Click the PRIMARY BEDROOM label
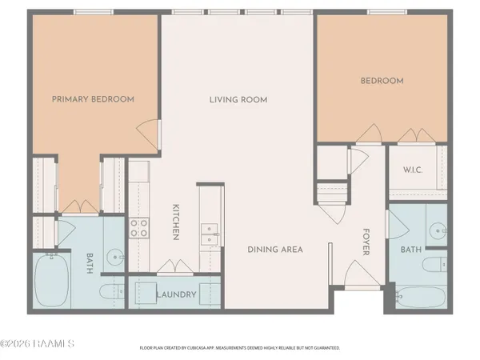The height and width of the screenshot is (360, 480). click(93, 99)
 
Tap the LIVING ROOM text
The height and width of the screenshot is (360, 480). click(238, 100)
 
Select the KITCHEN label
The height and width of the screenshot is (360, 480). click(175, 222)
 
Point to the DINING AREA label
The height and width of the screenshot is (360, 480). click(274, 250)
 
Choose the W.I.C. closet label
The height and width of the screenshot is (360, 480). click(414, 169)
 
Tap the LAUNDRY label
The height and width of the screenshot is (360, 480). click(176, 294)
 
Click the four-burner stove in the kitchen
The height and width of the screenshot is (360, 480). click(139, 228)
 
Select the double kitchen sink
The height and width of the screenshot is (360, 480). click(211, 232)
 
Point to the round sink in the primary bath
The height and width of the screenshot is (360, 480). click(116, 258)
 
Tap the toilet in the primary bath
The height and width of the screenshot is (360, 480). click(110, 290)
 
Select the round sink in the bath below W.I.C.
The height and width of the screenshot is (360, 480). click(436, 231)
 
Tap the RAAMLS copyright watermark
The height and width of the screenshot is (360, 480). click(38, 344)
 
